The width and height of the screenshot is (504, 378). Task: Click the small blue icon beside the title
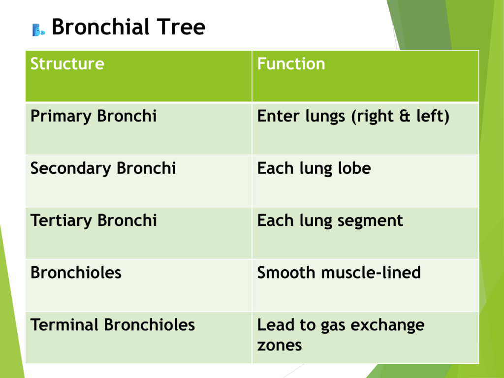pos(38,30)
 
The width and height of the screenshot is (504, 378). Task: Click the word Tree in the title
pos(181,27)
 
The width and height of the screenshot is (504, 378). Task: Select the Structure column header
pos(67,63)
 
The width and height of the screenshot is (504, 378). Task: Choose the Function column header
pos(291,63)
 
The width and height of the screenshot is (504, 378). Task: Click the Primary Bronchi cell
pos(94,116)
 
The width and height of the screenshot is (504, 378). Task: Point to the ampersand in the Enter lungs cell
pos(405,116)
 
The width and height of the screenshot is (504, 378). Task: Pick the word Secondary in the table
pos(71,169)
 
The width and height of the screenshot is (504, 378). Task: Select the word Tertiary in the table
pos(61,221)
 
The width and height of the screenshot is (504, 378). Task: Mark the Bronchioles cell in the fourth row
pos(76,273)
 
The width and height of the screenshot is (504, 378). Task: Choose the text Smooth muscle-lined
pos(339,273)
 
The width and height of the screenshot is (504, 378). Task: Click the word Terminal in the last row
pos(64,325)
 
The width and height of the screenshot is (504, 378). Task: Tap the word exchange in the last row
pos(387,325)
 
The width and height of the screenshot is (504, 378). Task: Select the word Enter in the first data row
pos(279,116)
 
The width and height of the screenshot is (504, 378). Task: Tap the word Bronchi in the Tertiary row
pos(127,220)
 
